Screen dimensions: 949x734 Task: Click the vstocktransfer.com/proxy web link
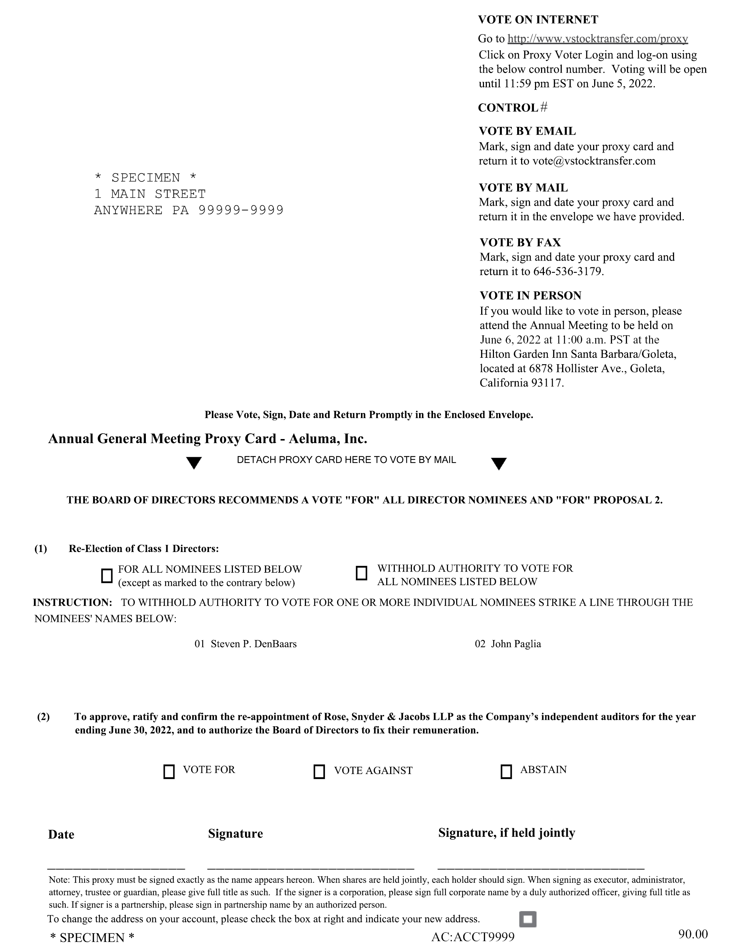(597, 39)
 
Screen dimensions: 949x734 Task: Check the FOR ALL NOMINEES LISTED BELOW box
(107, 576)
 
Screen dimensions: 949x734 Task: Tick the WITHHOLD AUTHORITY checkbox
(361, 573)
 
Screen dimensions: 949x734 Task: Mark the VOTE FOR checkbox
(169, 772)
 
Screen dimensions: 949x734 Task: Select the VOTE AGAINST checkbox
(319, 772)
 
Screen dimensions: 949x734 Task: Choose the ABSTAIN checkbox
(506, 772)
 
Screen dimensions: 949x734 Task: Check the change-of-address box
(527, 919)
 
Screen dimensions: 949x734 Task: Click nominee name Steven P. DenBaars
(254, 644)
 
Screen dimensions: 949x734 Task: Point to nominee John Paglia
(516, 644)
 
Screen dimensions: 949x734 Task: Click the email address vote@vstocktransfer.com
(593, 161)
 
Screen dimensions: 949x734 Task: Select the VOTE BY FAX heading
(520, 242)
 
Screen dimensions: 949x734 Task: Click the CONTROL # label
(513, 108)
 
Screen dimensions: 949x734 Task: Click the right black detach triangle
(499, 463)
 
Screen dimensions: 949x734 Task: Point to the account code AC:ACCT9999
(473, 937)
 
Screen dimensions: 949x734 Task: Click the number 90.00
(693, 933)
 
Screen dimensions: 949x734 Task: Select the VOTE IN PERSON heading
(530, 295)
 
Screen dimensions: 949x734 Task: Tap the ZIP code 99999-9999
(241, 210)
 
